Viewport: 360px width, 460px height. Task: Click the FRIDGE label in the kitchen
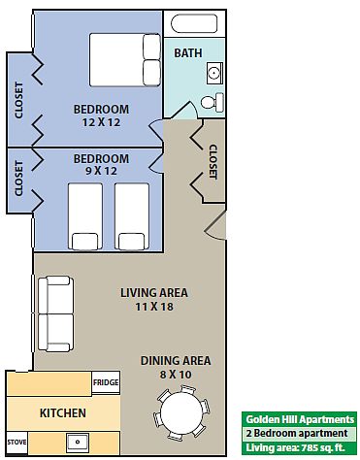click(106, 382)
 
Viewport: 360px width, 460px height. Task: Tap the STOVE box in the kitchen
click(16, 442)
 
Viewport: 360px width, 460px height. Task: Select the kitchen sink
click(78, 443)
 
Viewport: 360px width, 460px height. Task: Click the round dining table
click(181, 412)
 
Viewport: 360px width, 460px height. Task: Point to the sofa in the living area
click(55, 313)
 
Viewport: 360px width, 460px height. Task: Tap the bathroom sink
click(214, 73)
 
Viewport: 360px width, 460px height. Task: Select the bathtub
click(194, 23)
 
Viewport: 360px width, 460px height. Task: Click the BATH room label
click(188, 53)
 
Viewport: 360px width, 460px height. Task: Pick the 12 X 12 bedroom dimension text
click(101, 122)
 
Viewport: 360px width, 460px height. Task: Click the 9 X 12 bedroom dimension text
click(101, 171)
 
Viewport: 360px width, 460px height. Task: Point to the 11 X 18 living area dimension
click(154, 306)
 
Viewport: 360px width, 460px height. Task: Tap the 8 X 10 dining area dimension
click(176, 375)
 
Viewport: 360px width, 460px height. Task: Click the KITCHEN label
click(63, 413)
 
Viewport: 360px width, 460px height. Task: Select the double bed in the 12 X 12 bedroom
click(125, 59)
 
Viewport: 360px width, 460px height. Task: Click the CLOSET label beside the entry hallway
click(213, 161)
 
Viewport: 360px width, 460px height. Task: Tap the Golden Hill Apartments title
click(300, 419)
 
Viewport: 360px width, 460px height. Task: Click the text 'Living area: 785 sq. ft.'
click(295, 448)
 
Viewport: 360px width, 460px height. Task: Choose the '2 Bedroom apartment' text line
click(297, 434)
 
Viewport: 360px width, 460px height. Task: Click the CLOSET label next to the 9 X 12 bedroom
click(18, 179)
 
